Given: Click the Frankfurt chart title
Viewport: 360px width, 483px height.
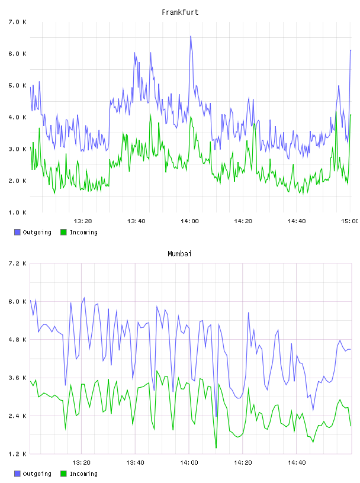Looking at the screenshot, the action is coord(180,12).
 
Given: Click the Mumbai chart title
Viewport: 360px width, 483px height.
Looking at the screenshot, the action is coord(179,253).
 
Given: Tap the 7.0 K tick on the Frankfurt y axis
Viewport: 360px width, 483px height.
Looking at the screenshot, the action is coord(17,22).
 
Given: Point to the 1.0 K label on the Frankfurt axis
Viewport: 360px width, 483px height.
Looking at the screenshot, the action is coord(17,212).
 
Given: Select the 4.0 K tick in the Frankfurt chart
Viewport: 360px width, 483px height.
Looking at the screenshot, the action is coord(17,117).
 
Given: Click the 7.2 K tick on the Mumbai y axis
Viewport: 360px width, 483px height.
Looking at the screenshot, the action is coord(17,263).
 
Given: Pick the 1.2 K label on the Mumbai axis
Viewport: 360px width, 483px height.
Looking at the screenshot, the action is coord(17,454).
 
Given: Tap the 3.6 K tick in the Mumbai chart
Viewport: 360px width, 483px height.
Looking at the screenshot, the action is coord(17,378).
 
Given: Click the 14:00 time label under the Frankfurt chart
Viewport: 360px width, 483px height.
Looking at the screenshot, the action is coord(189,221).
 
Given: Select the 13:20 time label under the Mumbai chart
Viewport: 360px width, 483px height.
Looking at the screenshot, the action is coord(81,462).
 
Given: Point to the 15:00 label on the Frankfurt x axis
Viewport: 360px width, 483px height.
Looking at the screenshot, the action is coord(349,221).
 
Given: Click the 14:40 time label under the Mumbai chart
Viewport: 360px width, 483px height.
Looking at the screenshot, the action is coord(297,462).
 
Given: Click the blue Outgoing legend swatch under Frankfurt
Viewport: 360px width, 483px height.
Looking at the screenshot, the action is coord(17,232).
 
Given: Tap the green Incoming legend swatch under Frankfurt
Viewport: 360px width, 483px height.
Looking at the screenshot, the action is coord(63,232).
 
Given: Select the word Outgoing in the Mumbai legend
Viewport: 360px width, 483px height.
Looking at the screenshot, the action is coord(37,474).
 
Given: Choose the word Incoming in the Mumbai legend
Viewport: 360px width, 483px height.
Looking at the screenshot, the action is coord(83,474).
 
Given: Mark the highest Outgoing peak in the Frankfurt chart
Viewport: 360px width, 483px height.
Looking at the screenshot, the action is coord(191,36).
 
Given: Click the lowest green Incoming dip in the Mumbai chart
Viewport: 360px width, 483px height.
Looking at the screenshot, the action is coord(216,447).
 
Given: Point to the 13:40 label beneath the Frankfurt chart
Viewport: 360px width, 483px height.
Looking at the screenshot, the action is coord(136,221).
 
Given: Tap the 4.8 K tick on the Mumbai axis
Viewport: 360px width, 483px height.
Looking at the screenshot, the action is coord(17,339).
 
